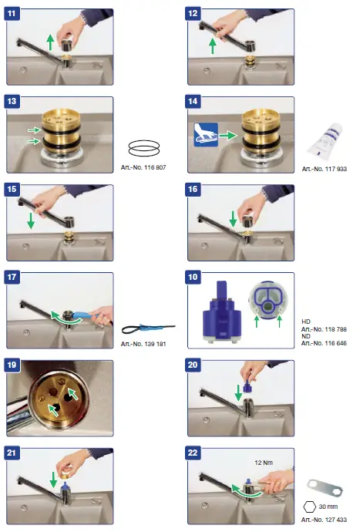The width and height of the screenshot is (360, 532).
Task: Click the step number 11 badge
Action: [13, 15]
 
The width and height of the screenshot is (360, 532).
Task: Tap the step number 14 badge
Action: [194, 103]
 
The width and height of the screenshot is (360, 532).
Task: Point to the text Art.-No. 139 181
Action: [143, 344]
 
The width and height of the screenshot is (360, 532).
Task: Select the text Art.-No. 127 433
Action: [324, 520]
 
